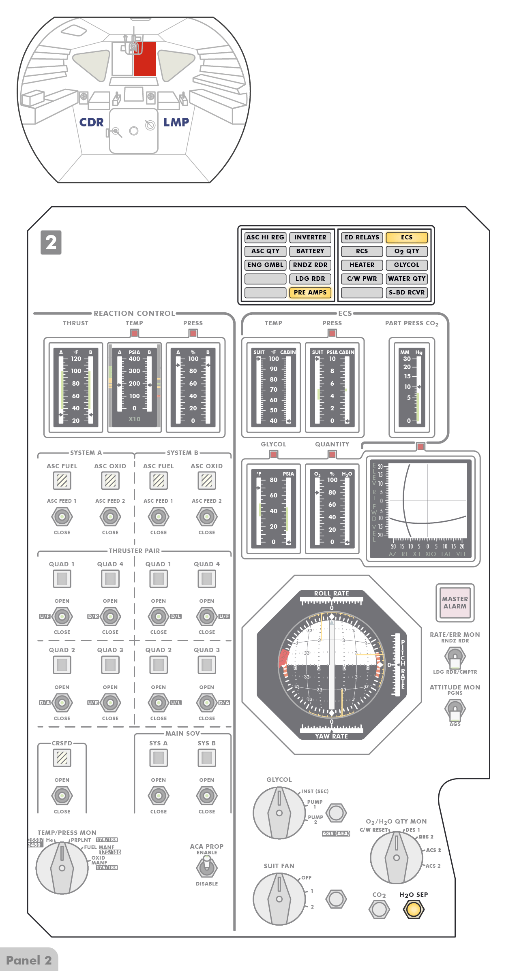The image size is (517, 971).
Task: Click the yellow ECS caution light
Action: pyautogui.click(x=407, y=237)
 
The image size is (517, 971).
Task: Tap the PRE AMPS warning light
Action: pyautogui.click(x=310, y=292)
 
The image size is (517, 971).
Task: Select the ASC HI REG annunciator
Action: pyautogui.click(x=265, y=237)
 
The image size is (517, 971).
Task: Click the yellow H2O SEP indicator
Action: pyautogui.click(x=414, y=909)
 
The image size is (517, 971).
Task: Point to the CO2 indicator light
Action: pyautogui.click(x=379, y=909)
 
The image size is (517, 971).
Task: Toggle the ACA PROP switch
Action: pyautogui.click(x=207, y=867)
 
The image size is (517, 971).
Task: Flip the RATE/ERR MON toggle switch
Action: pyautogui.click(x=455, y=657)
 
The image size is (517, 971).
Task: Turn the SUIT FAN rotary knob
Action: pyautogui.click(x=279, y=899)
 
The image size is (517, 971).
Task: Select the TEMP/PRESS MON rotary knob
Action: pyautogui.click(x=62, y=868)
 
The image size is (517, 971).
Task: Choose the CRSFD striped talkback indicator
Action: pyautogui.click(x=62, y=758)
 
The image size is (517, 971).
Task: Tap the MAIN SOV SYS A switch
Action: pyautogui.click(x=159, y=796)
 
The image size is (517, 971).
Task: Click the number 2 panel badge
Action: pyautogui.click(x=51, y=243)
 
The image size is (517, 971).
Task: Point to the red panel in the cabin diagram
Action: pyautogui.click(x=145, y=59)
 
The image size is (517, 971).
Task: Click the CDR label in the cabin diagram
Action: pyautogui.click(x=91, y=122)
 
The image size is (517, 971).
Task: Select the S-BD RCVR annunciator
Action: pyautogui.click(x=407, y=292)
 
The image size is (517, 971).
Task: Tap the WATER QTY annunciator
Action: pyautogui.click(x=407, y=279)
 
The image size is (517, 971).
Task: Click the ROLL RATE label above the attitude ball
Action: pyautogui.click(x=331, y=593)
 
